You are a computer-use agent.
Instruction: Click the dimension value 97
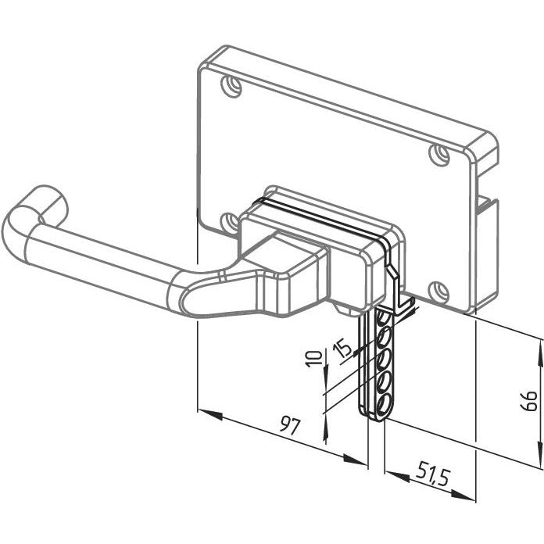pyautogui.click(x=289, y=426)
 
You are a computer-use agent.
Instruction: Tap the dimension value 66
pyautogui.click(x=530, y=402)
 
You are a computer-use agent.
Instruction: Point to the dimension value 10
pyautogui.click(x=313, y=359)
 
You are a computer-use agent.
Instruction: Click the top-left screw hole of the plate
pyautogui.click(x=231, y=86)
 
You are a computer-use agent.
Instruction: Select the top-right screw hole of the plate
pyautogui.click(x=439, y=155)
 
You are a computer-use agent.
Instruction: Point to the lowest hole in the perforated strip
pyautogui.click(x=384, y=406)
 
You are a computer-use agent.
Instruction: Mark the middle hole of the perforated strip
pyautogui.click(x=384, y=360)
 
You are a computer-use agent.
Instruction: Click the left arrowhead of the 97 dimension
pyautogui.click(x=210, y=414)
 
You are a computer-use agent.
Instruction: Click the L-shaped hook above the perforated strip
pyautogui.click(x=399, y=292)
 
